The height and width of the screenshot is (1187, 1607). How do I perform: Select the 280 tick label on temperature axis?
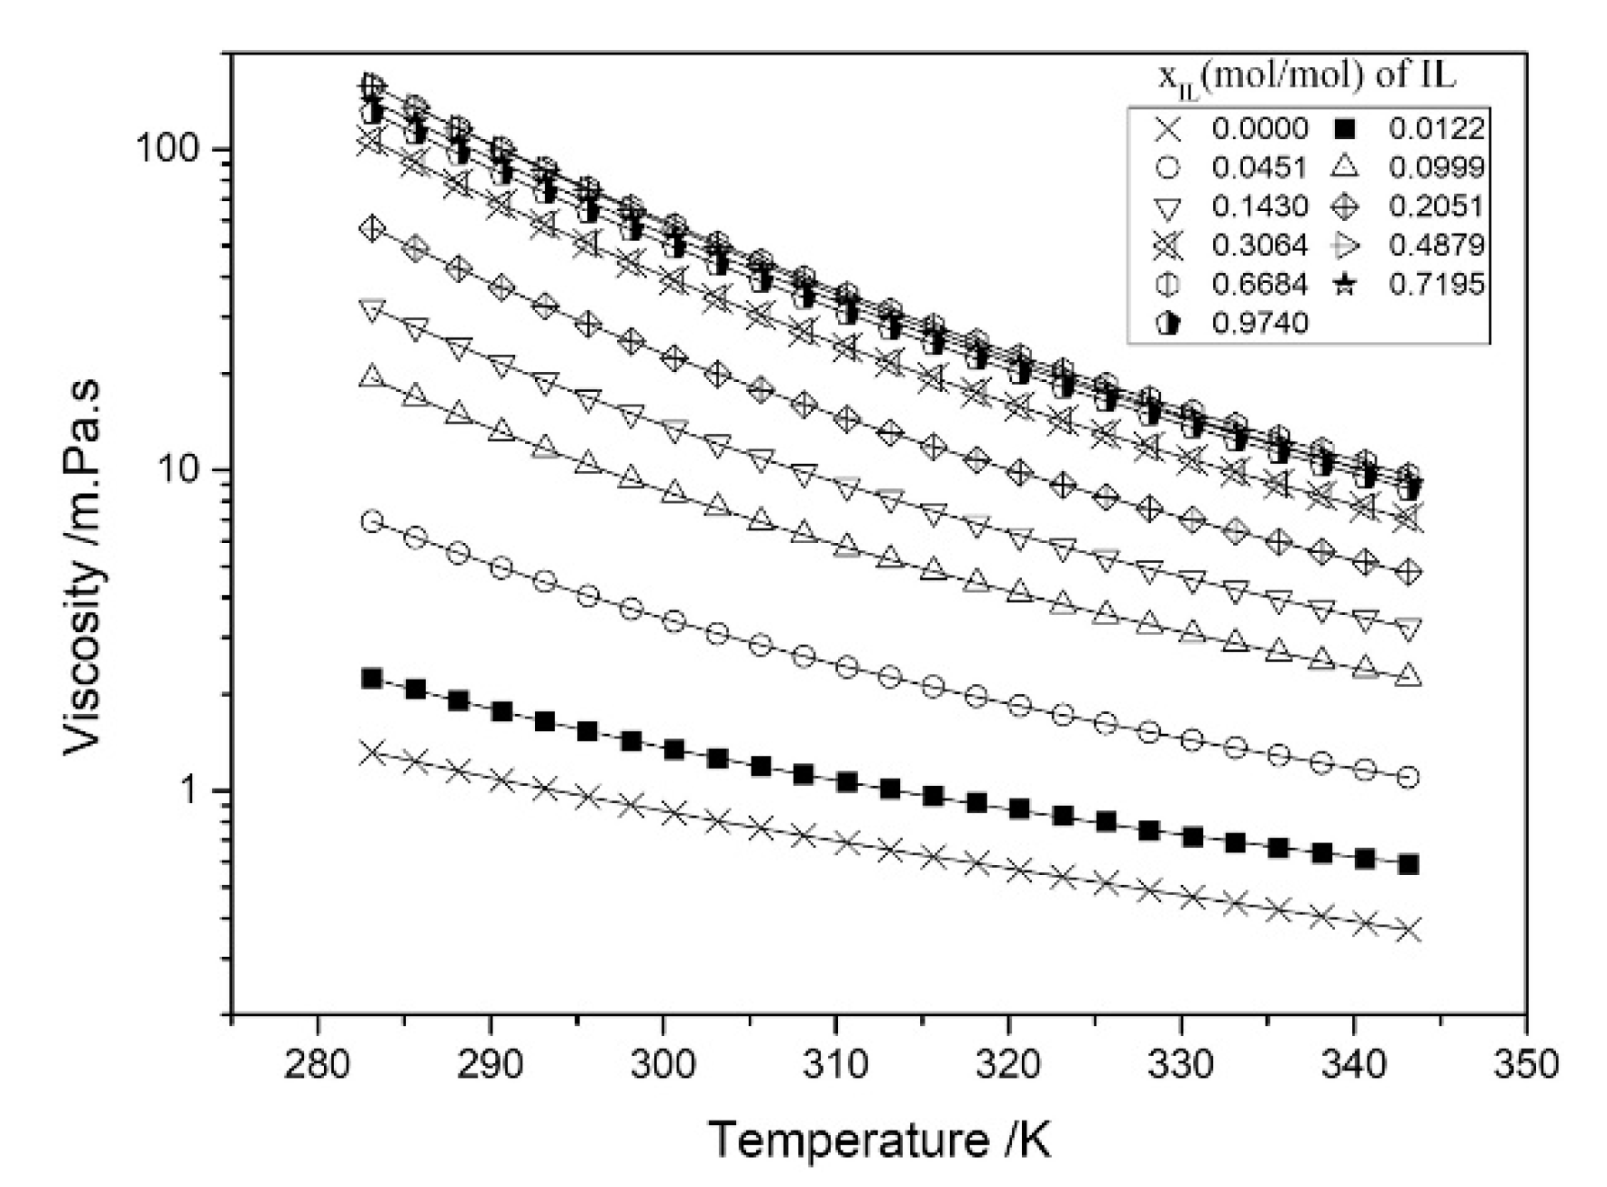(x=318, y=1063)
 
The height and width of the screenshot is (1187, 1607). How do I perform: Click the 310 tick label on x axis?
(x=835, y=1063)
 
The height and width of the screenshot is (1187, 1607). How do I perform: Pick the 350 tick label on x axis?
(x=1526, y=1063)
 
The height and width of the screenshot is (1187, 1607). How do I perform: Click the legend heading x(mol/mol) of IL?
(x=1307, y=76)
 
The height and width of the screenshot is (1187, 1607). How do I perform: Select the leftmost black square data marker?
(x=371, y=679)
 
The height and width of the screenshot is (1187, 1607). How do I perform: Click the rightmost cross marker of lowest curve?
(x=1408, y=930)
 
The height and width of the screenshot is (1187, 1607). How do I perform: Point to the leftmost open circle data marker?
(x=371, y=521)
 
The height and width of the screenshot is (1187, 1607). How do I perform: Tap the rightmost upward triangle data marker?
(x=1408, y=676)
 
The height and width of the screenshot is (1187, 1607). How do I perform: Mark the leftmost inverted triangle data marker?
(x=371, y=310)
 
